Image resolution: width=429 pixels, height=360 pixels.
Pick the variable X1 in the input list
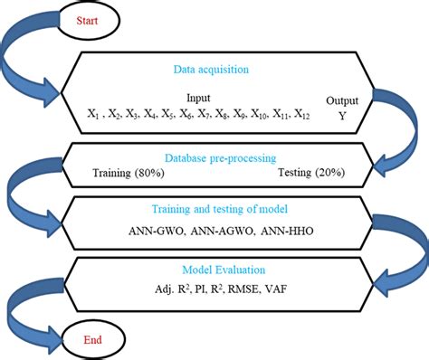(x=92, y=114)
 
